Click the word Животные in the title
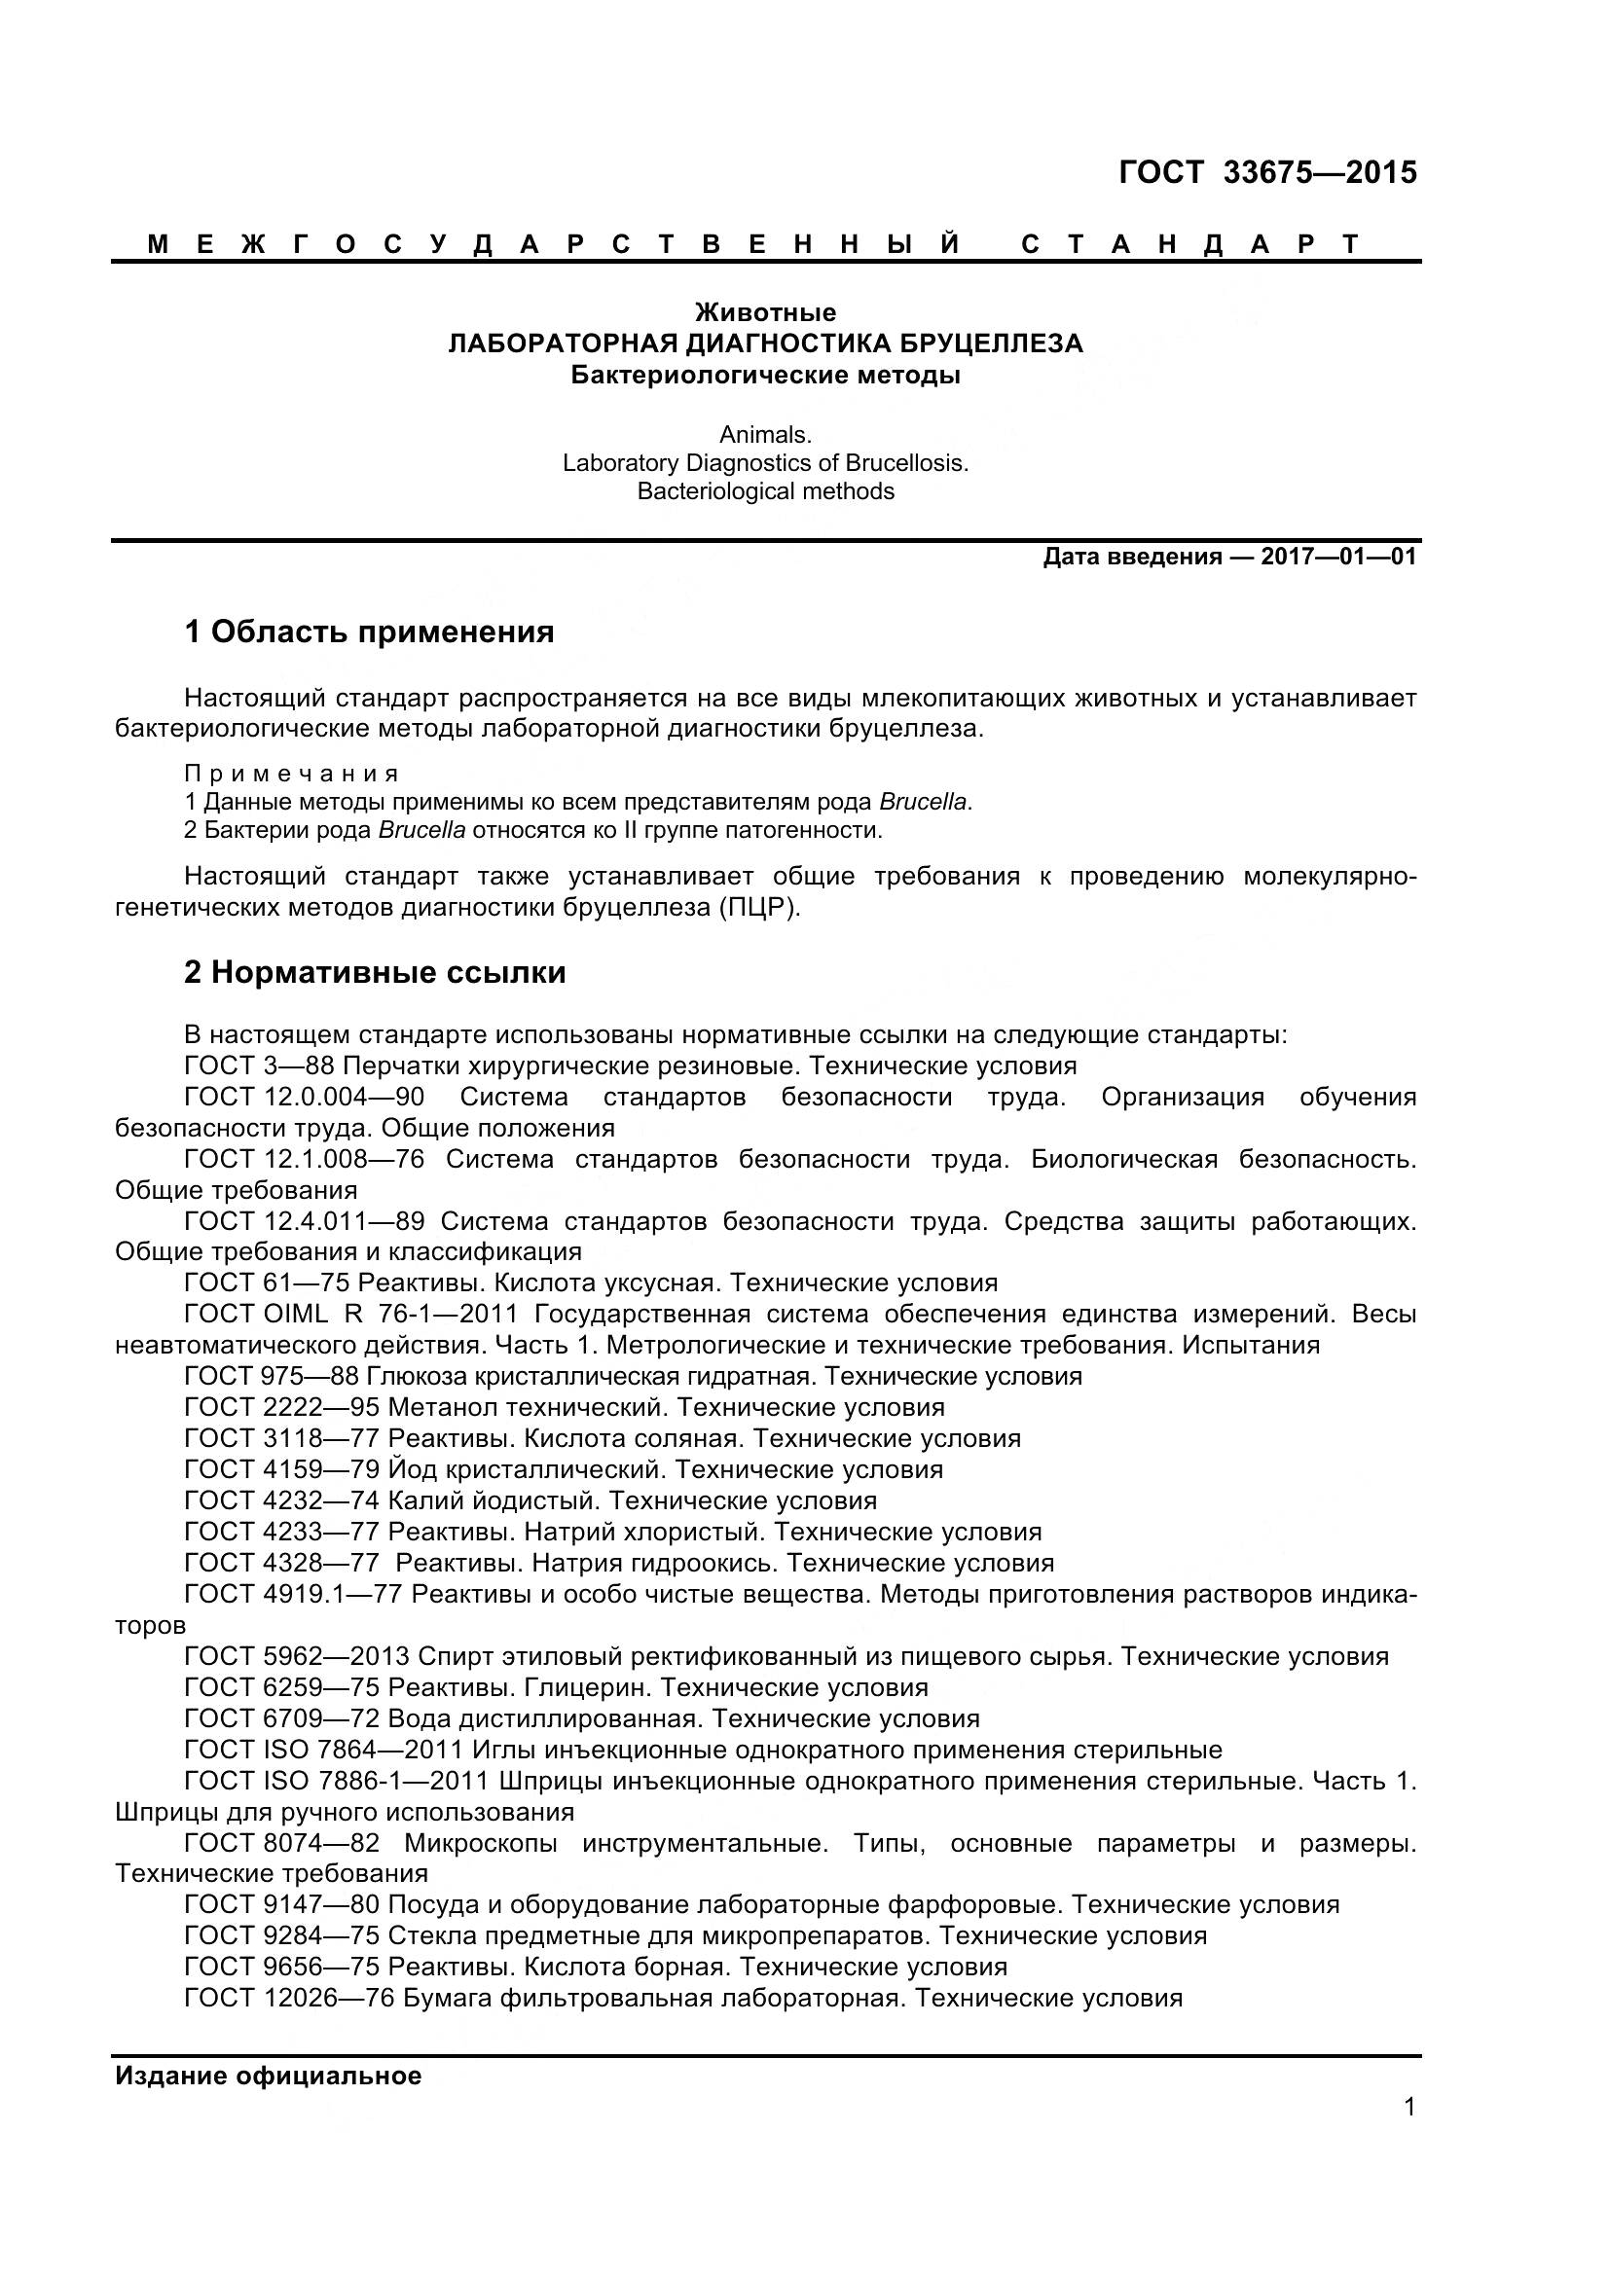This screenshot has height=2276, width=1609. (x=765, y=312)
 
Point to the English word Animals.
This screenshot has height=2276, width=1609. (x=765, y=434)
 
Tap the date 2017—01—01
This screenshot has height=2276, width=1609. (x=1338, y=557)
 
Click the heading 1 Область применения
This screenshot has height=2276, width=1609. (x=369, y=632)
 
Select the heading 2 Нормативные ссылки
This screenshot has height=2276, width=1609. (x=375, y=972)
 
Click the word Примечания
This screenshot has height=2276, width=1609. (x=291, y=774)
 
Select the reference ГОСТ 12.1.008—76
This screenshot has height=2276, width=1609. (x=305, y=1159)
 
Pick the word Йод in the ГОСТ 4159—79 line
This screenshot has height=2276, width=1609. (x=405, y=1469)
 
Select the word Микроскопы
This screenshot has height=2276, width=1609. (x=480, y=1843)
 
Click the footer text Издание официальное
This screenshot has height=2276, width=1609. (x=268, y=2076)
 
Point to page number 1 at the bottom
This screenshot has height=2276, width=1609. (x=1409, y=2134)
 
